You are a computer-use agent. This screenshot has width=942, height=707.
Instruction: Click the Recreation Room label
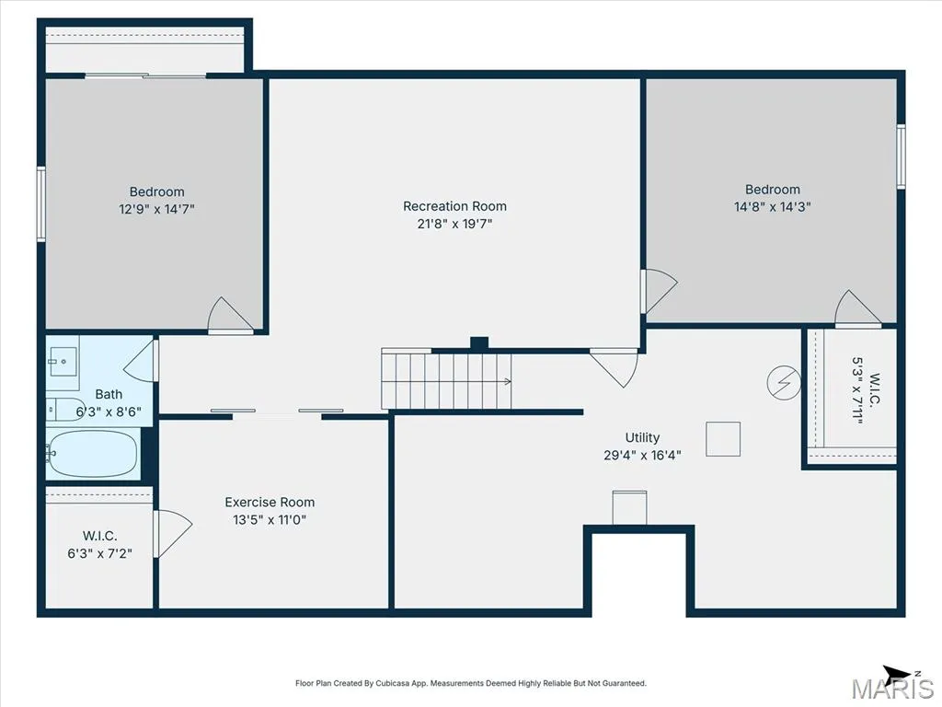click(454, 206)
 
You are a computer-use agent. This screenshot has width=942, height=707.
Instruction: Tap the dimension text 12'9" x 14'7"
click(156, 209)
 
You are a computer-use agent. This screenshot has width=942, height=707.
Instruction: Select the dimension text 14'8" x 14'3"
click(773, 207)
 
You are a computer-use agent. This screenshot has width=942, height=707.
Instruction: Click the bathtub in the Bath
click(93, 453)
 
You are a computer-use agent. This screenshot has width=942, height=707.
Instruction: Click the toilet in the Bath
click(65, 409)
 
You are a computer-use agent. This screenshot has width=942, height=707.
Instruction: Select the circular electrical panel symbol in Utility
click(784, 382)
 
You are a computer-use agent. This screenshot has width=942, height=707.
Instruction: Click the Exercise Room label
click(270, 502)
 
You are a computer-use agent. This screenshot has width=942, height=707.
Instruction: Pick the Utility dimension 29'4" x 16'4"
click(642, 455)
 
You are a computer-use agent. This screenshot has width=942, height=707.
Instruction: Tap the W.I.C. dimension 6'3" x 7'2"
click(99, 553)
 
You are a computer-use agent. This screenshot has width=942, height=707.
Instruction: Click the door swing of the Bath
click(140, 361)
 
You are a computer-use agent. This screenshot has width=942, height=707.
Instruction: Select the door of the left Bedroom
click(229, 315)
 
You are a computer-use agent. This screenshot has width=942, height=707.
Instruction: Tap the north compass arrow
click(897, 673)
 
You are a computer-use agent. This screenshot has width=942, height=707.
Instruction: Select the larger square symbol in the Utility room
click(723, 439)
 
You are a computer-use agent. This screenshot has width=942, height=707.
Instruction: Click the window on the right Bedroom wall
click(901, 156)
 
